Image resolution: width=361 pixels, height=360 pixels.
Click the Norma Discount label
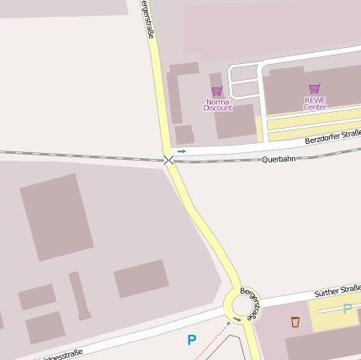click(x=217, y=104)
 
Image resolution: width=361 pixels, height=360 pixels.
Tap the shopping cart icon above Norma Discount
click(x=217, y=91)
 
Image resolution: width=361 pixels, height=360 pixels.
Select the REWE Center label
click(x=315, y=103)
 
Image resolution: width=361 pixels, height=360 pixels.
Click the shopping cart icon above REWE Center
click(x=315, y=88)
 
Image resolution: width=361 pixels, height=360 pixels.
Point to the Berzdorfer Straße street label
click(x=333, y=136)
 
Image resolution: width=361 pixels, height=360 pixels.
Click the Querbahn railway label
click(x=279, y=159)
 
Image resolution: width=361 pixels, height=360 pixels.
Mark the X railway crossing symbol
click(x=169, y=159)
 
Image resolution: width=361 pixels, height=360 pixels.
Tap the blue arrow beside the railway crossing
click(x=182, y=151)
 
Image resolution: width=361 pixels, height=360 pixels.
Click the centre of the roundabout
click(x=243, y=303)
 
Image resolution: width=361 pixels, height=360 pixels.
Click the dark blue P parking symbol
click(x=191, y=341)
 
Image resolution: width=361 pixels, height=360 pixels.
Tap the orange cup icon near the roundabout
click(x=295, y=321)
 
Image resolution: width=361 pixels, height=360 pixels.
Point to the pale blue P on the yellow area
click(x=347, y=309)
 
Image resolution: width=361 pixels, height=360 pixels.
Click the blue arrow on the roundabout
click(x=237, y=319)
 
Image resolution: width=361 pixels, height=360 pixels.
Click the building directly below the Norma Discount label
click(x=235, y=122)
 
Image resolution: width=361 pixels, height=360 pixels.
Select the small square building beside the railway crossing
click(x=183, y=134)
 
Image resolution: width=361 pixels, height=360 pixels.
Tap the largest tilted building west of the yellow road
click(x=56, y=217)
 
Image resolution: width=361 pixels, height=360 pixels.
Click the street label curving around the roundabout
click(x=247, y=301)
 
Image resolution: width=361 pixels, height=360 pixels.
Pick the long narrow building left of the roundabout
click(x=79, y=294)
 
